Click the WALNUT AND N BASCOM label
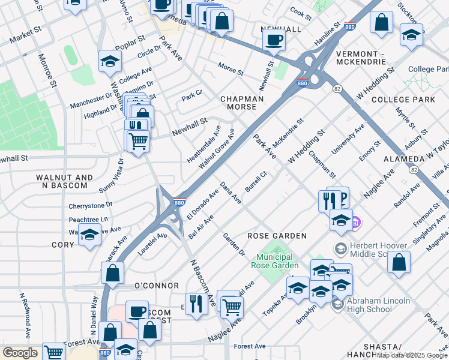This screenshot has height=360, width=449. (x=64, y=182)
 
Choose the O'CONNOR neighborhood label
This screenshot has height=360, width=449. (x=156, y=285)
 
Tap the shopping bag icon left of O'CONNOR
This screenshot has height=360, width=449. (x=113, y=273)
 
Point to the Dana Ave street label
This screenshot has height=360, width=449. (x=231, y=193)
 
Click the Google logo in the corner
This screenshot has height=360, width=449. (x=20, y=353)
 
